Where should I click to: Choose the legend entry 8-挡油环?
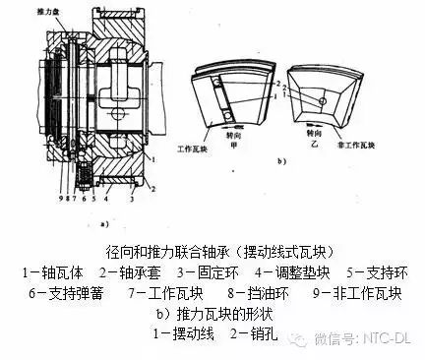(245, 292)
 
